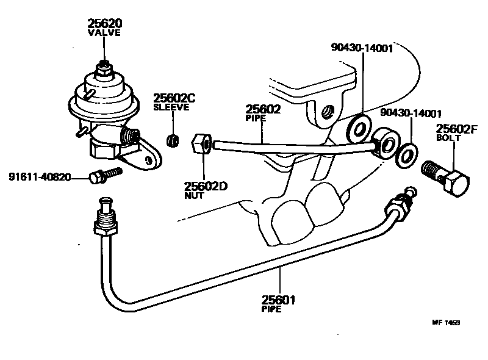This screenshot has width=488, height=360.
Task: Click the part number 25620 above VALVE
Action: point(105,24)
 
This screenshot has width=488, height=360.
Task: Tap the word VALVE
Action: point(105,33)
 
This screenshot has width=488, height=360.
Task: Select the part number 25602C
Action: point(173,98)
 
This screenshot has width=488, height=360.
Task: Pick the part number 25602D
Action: point(206,186)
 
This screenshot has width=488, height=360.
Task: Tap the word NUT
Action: point(193,196)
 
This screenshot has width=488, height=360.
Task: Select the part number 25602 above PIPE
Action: point(263,110)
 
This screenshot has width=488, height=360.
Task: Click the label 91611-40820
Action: point(40,178)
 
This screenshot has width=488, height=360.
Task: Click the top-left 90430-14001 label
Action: point(362,48)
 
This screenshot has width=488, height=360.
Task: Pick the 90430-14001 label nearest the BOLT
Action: point(411,113)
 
